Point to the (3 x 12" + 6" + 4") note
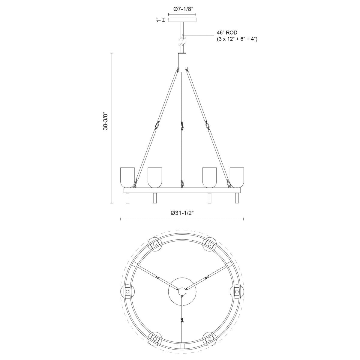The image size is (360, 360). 237,39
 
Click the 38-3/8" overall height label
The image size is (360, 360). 105,121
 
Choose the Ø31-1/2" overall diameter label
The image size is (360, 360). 182,213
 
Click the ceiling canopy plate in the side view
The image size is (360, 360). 182,20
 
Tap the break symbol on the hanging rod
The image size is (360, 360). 182,42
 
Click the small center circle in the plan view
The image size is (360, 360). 182,291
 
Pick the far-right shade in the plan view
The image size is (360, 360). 237,291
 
